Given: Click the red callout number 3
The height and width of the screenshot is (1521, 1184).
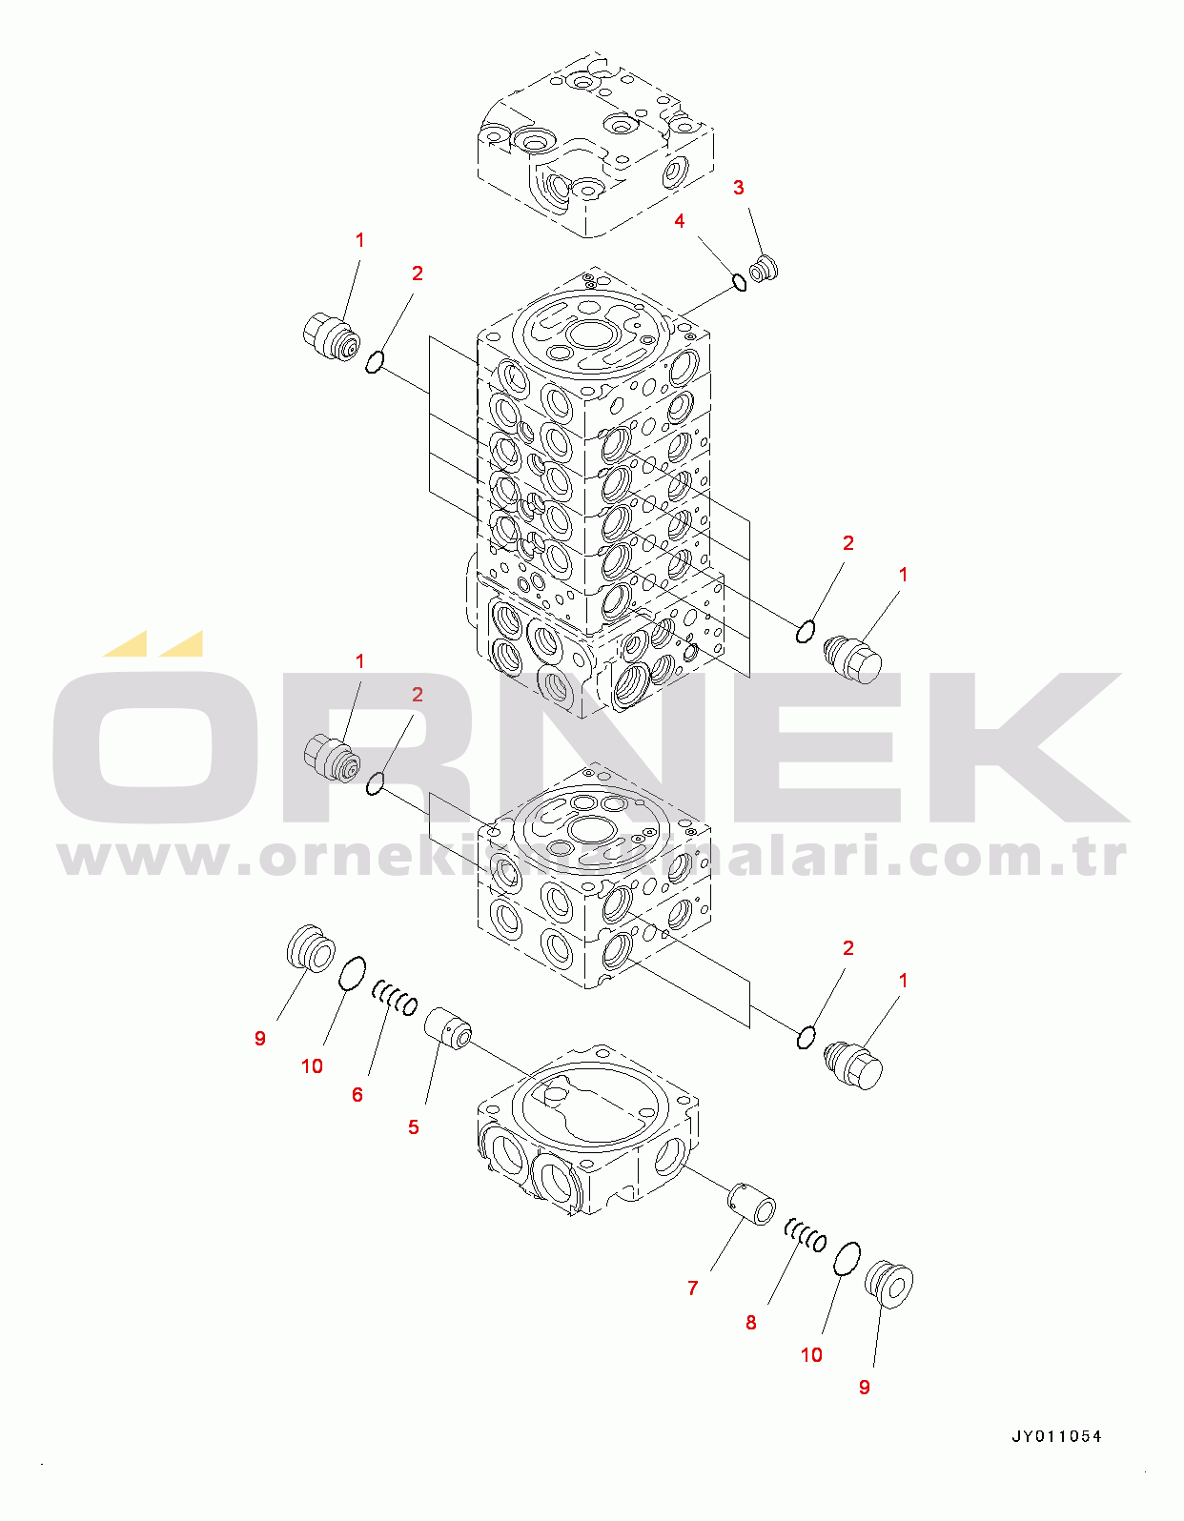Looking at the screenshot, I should click(738, 188).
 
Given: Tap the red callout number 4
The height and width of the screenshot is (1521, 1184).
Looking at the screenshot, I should click(679, 221).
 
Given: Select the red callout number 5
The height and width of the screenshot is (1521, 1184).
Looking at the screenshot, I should click(413, 1127).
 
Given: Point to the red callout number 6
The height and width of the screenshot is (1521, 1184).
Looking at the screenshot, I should click(357, 1095).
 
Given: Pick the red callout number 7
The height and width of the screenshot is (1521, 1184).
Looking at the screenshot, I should click(692, 1288).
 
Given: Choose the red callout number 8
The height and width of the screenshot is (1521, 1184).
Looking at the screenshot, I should click(750, 1323).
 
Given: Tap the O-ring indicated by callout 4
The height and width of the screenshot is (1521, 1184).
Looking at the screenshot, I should click(739, 282).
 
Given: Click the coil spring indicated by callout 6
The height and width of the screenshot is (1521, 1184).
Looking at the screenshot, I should click(395, 998).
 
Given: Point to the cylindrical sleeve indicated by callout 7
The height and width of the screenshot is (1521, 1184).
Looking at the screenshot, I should click(752, 1205).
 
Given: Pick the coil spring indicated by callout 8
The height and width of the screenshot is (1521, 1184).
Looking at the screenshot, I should click(806, 1236).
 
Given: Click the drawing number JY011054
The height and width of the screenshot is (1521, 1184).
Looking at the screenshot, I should click(1056, 1436).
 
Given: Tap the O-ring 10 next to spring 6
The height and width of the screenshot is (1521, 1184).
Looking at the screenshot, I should click(352, 974).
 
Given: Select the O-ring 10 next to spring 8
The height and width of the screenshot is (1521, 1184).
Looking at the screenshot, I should click(847, 1258).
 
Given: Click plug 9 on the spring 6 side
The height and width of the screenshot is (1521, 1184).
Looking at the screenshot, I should click(311, 948).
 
